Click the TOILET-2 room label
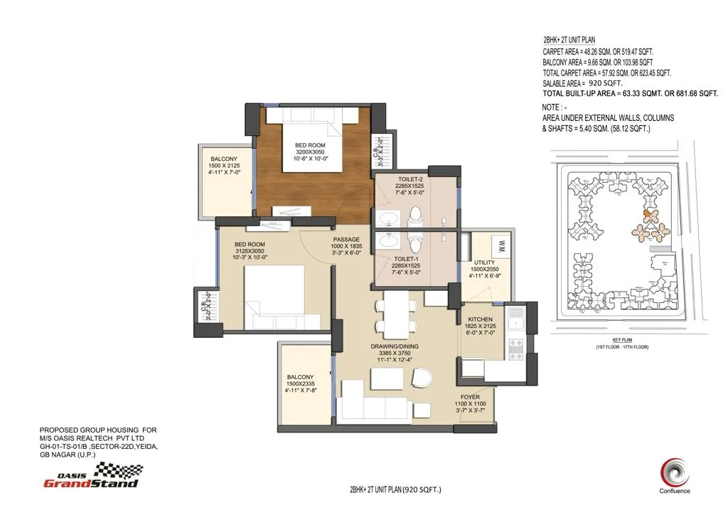tap(409, 179)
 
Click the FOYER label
tap(470, 397)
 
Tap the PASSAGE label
tap(346, 239)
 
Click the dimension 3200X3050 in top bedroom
tap(309, 152)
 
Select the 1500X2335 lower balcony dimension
tap(301, 383)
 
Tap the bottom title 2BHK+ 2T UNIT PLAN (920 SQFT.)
tap(395, 489)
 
